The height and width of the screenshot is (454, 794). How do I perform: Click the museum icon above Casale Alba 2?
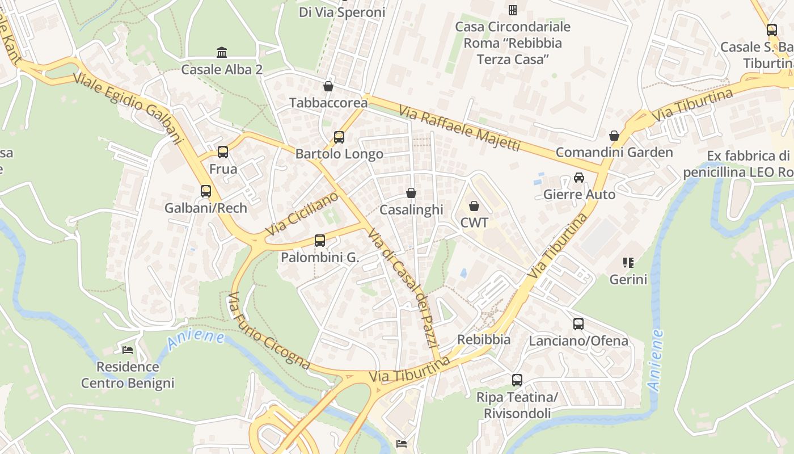pyautogui.click(x=222, y=53)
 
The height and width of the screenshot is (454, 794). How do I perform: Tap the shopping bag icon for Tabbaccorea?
pyautogui.click(x=328, y=86)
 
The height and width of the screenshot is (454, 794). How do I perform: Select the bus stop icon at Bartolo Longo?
pyautogui.click(x=339, y=137)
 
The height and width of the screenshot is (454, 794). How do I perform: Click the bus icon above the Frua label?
pyautogui.click(x=223, y=152)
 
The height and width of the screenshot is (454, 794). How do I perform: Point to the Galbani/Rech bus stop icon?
pyautogui.click(x=206, y=191)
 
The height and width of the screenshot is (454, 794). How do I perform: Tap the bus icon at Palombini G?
pyautogui.click(x=320, y=241)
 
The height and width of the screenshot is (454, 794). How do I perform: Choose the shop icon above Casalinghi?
pyautogui.click(x=411, y=194)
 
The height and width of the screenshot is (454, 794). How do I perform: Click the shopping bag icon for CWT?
pyautogui.click(x=474, y=206)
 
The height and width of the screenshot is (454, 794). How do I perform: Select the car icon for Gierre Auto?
pyautogui.click(x=578, y=178)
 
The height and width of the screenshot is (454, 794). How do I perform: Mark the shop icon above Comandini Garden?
pyautogui.click(x=614, y=136)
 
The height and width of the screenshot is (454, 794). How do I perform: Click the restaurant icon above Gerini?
pyautogui.click(x=628, y=263)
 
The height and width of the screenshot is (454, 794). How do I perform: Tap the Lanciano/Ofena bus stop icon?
pyautogui.click(x=578, y=324)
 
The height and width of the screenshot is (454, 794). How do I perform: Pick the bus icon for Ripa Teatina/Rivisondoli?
pyautogui.click(x=517, y=380)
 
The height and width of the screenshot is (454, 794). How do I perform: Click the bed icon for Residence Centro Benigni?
pyautogui.click(x=128, y=350)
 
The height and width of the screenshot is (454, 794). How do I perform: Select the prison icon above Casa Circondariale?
pyautogui.click(x=513, y=10)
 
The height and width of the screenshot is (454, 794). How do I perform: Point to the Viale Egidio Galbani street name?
pyautogui.click(x=129, y=108)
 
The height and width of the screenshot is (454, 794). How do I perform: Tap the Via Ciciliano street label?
pyautogui.click(x=302, y=213)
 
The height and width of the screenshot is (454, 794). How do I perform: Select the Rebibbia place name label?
pyautogui.click(x=484, y=340)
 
